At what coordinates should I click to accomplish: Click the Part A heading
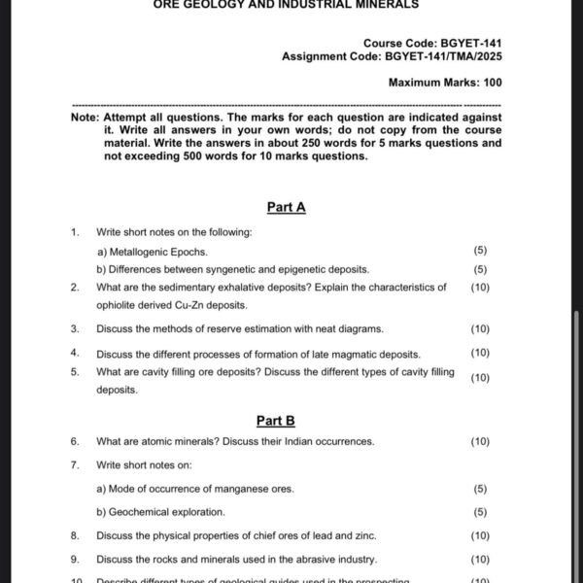(x=286, y=207)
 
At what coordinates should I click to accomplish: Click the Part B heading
(x=275, y=421)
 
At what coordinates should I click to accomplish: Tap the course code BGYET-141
(x=470, y=44)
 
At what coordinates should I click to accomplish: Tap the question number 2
(x=74, y=288)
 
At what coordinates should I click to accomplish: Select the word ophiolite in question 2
(x=119, y=305)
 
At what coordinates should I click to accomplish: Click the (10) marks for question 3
(x=480, y=328)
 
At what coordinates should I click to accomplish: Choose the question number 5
(x=74, y=371)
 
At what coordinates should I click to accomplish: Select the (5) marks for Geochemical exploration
(x=480, y=512)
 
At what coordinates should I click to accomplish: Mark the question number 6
(x=74, y=441)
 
